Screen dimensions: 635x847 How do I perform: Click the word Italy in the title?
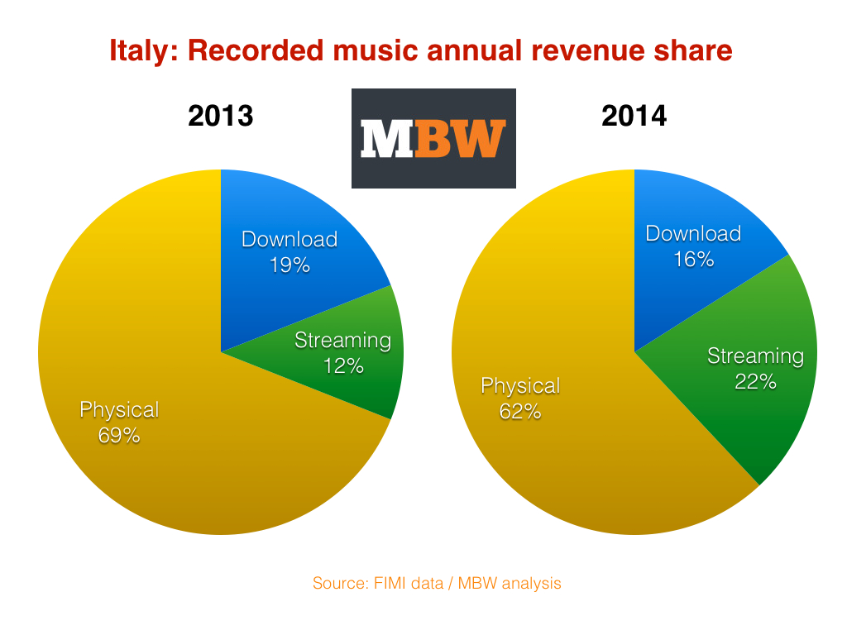(142, 51)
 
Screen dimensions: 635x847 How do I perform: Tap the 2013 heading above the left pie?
(220, 116)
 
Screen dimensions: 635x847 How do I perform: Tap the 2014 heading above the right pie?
(634, 116)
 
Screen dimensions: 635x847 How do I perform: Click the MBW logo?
(433, 138)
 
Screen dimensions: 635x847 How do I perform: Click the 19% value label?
(290, 265)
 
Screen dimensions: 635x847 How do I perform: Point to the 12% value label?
(343, 365)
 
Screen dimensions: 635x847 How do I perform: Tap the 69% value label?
(119, 435)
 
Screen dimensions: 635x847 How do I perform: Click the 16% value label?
(693, 260)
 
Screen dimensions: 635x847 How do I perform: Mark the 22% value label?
(755, 382)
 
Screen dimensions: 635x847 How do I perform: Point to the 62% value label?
(520, 411)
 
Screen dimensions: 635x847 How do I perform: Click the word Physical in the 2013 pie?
(119, 410)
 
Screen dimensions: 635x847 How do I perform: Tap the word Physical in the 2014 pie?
(520, 386)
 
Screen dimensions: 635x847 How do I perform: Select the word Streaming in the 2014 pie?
(755, 356)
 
